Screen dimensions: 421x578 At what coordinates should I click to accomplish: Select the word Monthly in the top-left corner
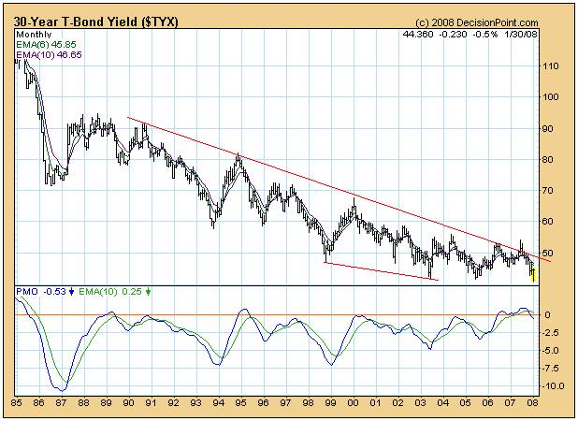tap(36, 35)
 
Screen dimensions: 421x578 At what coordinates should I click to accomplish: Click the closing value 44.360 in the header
tap(418, 35)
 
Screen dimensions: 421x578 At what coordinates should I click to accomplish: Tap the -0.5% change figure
tap(485, 35)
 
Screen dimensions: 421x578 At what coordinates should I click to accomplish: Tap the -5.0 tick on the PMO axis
tap(551, 350)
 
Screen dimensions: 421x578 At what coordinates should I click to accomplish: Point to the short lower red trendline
tap(381, 270)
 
